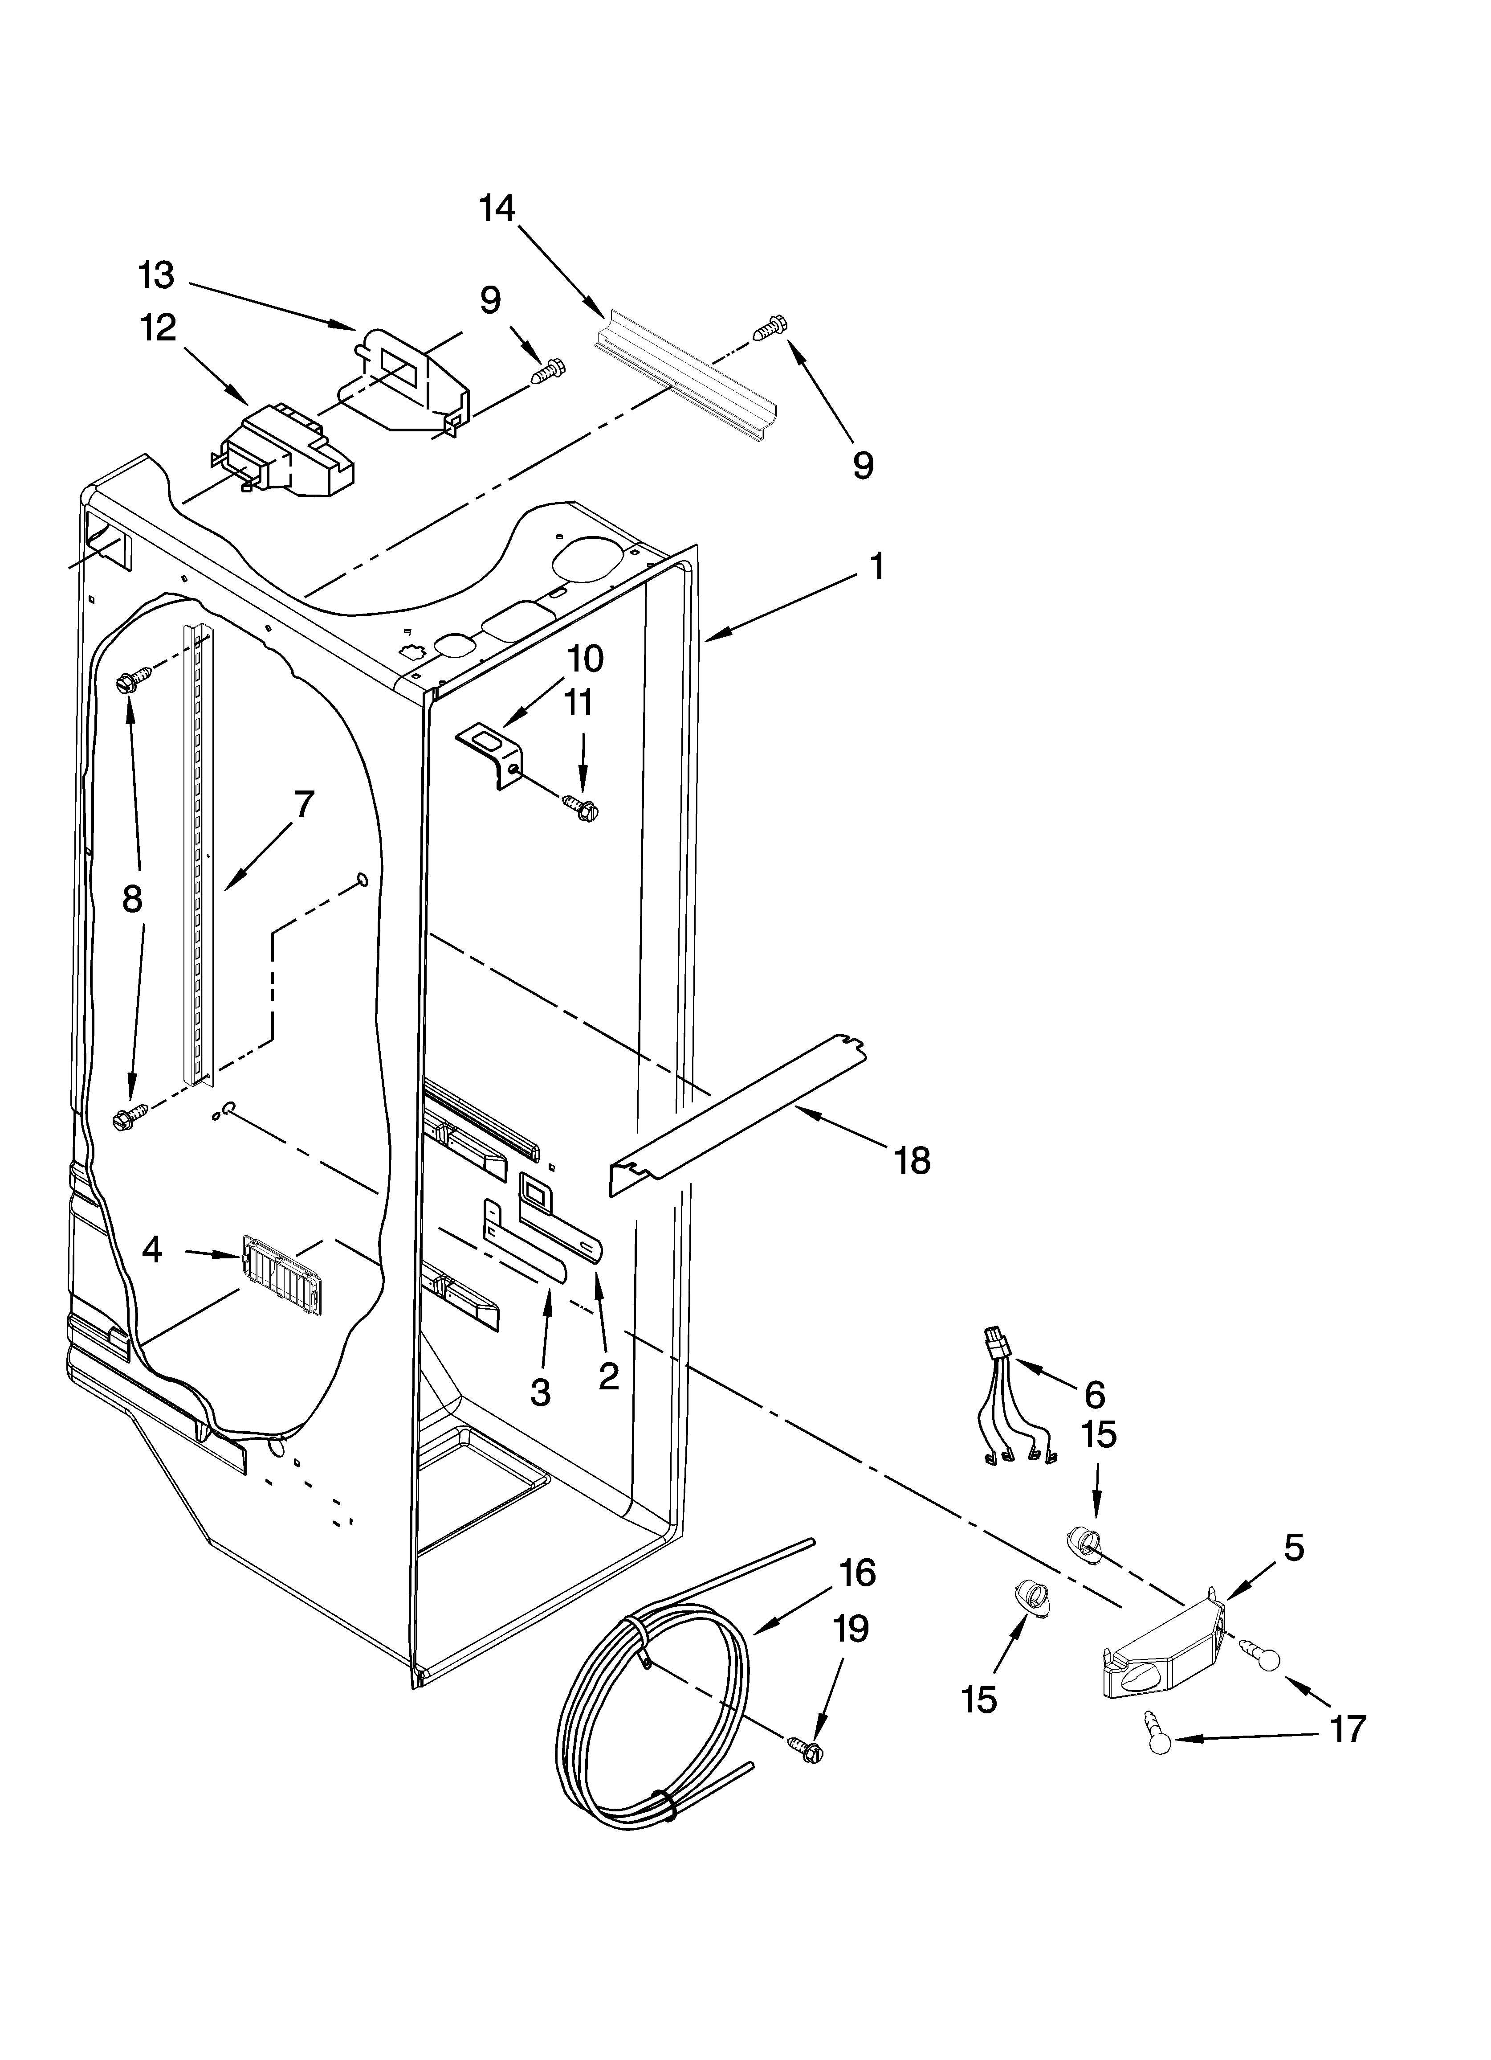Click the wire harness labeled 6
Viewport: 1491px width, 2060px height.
tap(1014, 1406)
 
